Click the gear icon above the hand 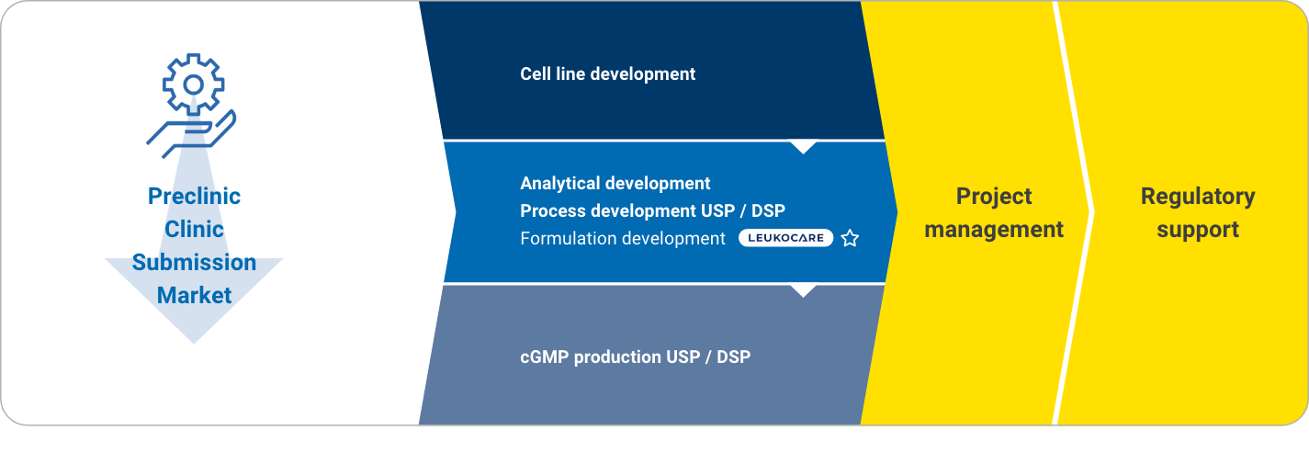coord(193,85)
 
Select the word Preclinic coord(194,196)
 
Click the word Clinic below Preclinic coord(194,229)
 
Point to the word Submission coord(194,262)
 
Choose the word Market coord(194,295)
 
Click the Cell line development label coord(608,74)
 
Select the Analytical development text coord(615,183)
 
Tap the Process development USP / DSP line coord(653,210)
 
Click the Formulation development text coord(623,238)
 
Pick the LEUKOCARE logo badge coord(786,238)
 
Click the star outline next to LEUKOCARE coord(850,238)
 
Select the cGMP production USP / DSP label coord(636,357)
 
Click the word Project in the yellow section coord(994,197)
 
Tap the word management coord(994,229)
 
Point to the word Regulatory coord(1198,197)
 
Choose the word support coord(1198,230)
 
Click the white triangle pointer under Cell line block coord(804,147)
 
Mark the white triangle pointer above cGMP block coord(804,290)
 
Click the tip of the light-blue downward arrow coord(194,344)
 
